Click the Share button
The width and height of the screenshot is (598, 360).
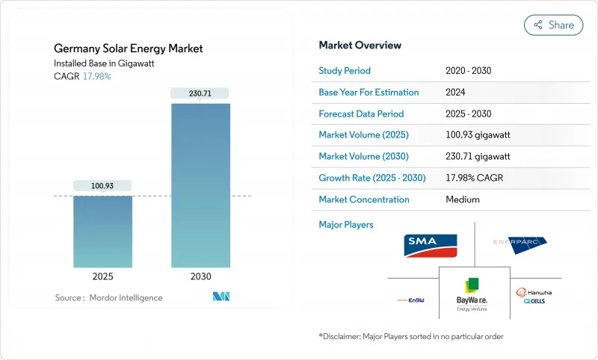click(553, 25)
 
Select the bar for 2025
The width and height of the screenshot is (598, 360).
click(102, 232)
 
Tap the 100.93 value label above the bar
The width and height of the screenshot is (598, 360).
click(102, 185)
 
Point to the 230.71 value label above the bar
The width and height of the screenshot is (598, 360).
click(200, 93)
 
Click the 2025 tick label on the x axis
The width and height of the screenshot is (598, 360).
click(102, 276)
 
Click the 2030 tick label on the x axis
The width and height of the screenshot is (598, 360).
click(200, 276)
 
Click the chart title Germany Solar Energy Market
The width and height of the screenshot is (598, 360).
click(128, 49)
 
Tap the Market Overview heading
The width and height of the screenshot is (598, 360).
click(360, 46)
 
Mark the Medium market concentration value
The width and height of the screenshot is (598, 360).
click(463, 199)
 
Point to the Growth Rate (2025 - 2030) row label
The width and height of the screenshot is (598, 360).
click(372, 178)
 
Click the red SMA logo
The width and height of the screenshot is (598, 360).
click(430, 244)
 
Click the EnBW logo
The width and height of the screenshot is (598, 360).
click(411, 300)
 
